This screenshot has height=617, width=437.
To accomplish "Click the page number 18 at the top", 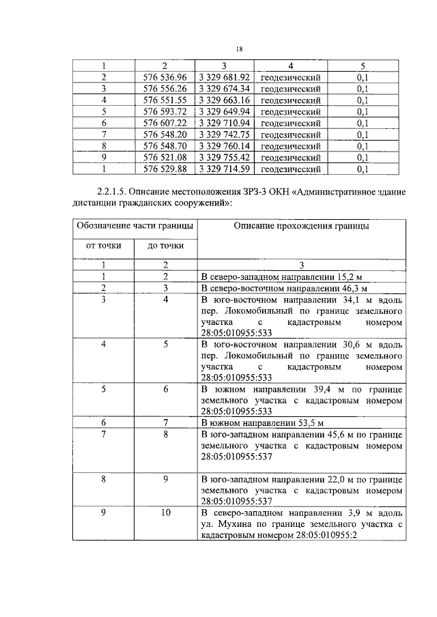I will (x=239, y=48).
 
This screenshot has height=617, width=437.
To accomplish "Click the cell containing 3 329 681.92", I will (x=225, y=77).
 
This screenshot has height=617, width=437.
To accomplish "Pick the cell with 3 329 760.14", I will (x=225, y=146).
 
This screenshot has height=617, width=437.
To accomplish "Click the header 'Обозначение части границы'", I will (x=134, y=226).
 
